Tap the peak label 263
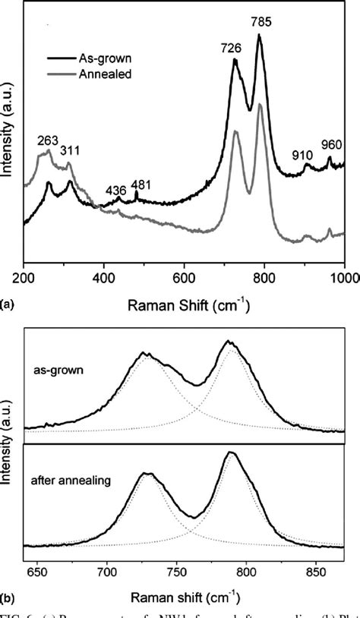pos(49,140)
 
